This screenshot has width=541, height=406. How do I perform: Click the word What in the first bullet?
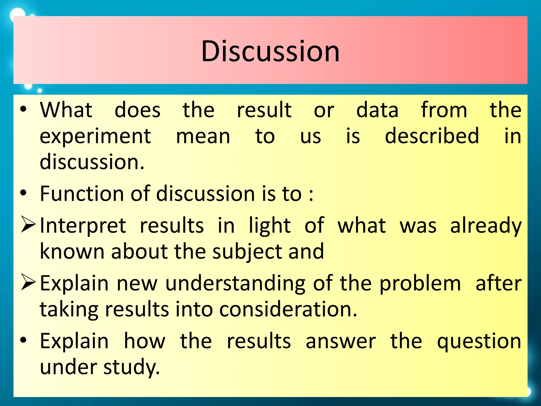tap(66, 110)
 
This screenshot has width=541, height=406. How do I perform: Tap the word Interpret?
tap(83, 226)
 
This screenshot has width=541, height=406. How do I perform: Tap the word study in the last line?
tap(131, 368)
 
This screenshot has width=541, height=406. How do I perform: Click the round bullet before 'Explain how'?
tap(23, 340)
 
